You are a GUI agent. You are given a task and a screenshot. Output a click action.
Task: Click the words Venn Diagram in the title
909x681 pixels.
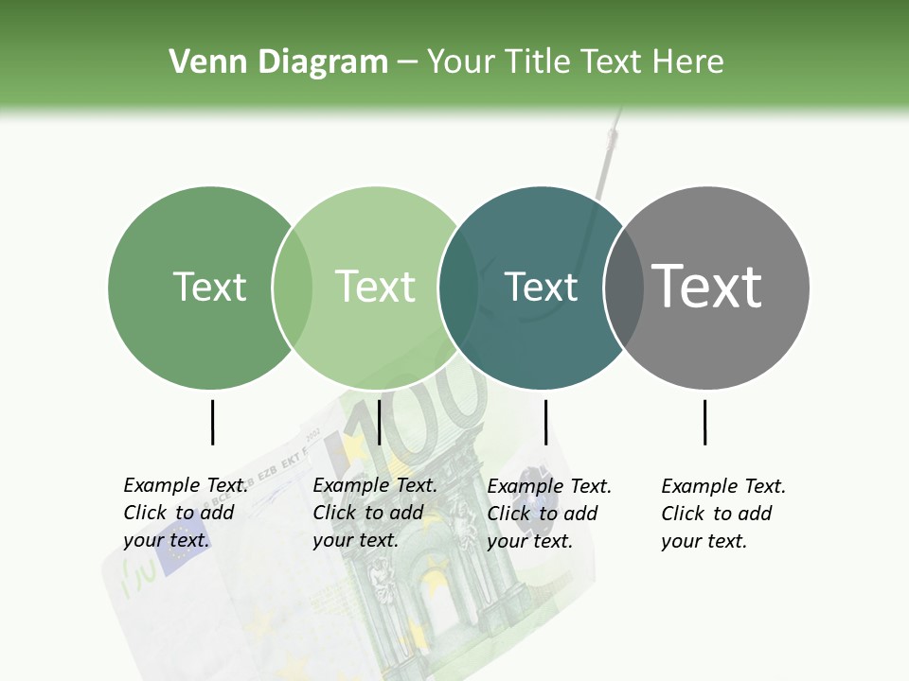pyautogui.click(x=278, y=62)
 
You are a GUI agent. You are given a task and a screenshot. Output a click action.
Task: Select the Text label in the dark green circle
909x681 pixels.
pyautogui.click(x=209, y=287)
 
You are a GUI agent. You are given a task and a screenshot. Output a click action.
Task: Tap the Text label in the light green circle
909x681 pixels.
pyautogui.click(x=375, y=287)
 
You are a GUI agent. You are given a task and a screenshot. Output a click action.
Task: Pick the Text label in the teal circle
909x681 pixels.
pyautogui.click(x=541, y=287)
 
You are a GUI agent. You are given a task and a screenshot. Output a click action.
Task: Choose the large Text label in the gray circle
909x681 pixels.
pyautogui.click(x=707, y=286)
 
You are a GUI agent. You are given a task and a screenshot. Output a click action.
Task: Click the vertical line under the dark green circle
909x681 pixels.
pyautogui.click(x=212, y=422)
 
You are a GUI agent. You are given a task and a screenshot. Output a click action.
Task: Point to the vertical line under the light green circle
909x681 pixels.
pyautogui.click(x=379, y=422)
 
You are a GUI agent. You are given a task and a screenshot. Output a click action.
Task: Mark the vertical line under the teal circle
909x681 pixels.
pyautogui.click(x=545, y=422)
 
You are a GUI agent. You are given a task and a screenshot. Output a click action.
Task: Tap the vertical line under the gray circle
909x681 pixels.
pyautogui.click(x=705, y=422)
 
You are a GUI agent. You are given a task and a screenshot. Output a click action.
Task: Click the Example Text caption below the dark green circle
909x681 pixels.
pyautogui.click(x=186, y=513)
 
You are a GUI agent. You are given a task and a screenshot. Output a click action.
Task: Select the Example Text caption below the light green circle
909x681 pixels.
pyautogui.click(x=375, y=513)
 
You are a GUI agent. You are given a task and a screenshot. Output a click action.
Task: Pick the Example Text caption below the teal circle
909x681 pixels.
pyautogui.click(x=549, y=514)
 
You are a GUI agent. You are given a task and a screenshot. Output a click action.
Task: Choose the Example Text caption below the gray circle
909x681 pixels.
pyautogui.click(x=723, y=514)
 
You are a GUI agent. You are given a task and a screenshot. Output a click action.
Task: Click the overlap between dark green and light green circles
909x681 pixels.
pyautogui.click(x=293, y=287)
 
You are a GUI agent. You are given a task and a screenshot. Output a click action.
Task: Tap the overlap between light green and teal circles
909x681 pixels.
pyautogui.click(x=458, y=287)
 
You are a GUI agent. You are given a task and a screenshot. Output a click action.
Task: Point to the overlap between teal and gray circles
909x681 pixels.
pyautogui.click(x=624, y=287)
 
